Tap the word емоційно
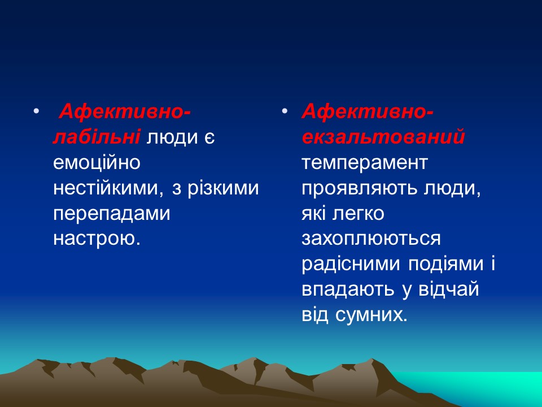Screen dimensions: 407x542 [x=97, y=163]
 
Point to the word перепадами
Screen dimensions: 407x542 [x=111, y=214]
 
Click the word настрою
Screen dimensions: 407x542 [x=96, y=239]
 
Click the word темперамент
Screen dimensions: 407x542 [x=365, y=163]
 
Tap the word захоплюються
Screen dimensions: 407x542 [x=370, y=239]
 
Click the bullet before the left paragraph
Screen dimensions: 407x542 [x=37, y=112]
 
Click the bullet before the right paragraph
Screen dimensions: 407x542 [x=285, y=112]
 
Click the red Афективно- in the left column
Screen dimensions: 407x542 [x=125, y=111]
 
